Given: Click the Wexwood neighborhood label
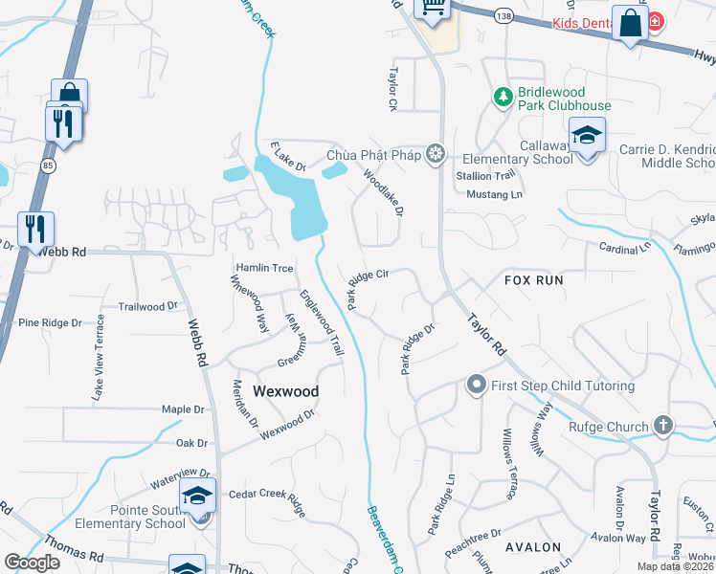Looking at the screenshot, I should pos(285,391).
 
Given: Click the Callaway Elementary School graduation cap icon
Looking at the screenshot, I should pos(587,135).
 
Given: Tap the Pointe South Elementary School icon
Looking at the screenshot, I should pos(197,496).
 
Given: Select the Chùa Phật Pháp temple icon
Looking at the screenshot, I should pos(436,154).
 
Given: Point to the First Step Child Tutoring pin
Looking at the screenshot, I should pos(476,386).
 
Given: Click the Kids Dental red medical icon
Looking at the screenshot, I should pos(656,21).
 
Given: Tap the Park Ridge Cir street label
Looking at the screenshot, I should pos(367,288).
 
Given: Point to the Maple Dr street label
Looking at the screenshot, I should pos(184,409).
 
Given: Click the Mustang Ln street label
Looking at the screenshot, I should pos(495,194).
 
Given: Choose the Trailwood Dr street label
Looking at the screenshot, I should pos(148,307).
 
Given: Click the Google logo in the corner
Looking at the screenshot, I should pos(32,562).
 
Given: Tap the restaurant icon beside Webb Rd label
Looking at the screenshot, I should pos(35,230).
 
